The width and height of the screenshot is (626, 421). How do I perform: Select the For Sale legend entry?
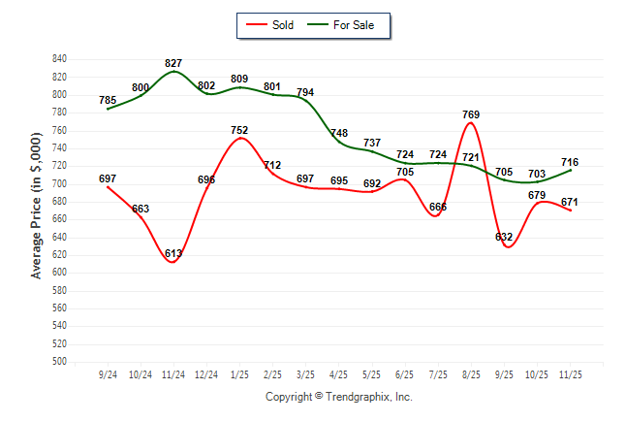click(346, 25)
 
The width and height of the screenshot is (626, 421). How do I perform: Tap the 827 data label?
click(173, 63)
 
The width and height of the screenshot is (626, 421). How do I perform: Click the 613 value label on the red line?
click(173, 253)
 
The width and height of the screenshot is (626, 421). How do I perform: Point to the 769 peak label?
click(471, 114)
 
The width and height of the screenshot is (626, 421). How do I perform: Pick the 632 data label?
click(504, 237)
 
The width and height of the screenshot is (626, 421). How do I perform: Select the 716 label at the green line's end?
click(571, 162)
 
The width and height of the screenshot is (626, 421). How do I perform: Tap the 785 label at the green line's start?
click(108, 100)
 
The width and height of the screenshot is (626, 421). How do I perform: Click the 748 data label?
click(339, 133)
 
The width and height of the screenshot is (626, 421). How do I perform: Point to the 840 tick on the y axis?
click(59, 59)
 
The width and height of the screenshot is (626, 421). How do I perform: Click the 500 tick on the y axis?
click(59, 362)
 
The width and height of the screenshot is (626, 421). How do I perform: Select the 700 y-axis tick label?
click(59, 183)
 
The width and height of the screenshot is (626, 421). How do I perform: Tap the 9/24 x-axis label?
click(108, 374)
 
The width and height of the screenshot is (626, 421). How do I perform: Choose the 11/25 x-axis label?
click(571, 374)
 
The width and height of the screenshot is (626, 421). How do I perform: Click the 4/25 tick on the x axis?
click(339, 374)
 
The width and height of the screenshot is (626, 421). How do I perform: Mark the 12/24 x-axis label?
click(206, 374)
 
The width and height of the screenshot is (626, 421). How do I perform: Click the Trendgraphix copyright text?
click(339, 397)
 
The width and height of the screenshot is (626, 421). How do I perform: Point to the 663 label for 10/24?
click(141, 209)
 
